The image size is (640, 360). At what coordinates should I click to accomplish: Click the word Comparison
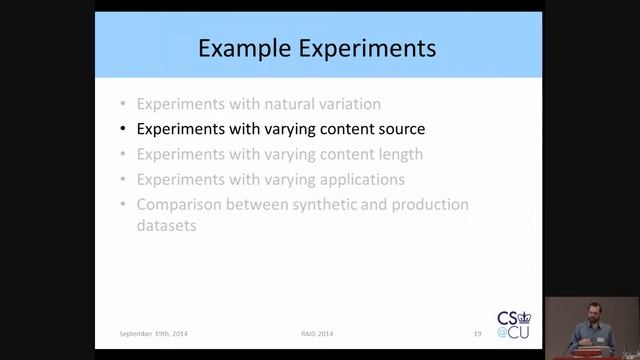click(x=179, y=205)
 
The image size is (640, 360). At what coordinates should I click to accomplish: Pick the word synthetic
click(x=326, y=205)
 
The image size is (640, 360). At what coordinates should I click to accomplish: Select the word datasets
click(x=166, y=226)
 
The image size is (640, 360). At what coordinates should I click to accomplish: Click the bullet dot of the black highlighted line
click(x=122, y=129)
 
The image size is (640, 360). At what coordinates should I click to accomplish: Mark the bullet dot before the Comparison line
click(x=122, y=205)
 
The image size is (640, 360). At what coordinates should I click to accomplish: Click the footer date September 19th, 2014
click(x=153, y=332)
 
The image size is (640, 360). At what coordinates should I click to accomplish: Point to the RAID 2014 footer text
click(x=318, y=332)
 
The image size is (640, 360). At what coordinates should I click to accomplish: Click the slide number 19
click(x=478, y=332)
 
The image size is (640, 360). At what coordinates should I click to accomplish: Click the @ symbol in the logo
click(x=504, y=331)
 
